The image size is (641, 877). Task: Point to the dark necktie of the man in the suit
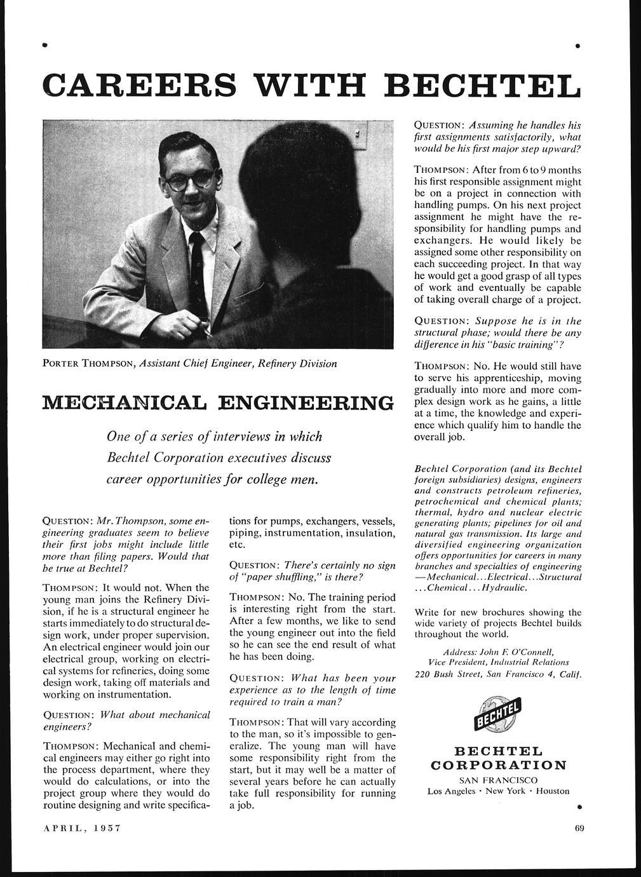pyautogui.click(x=197, y=267)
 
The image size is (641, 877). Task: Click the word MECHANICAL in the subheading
pyautogui.click(x=124, y=403)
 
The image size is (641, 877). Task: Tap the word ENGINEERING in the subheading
pyautogui.click(x=306, y=403)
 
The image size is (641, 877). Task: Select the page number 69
pyautogui.click(x=579, y=827)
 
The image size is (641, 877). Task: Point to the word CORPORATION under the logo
pyautogui.click(x=498, y=765)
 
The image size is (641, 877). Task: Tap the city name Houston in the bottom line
pyautogui.click(x=553, y=791)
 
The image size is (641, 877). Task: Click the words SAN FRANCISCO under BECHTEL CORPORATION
pyautogui.click(x=498, y=780)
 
